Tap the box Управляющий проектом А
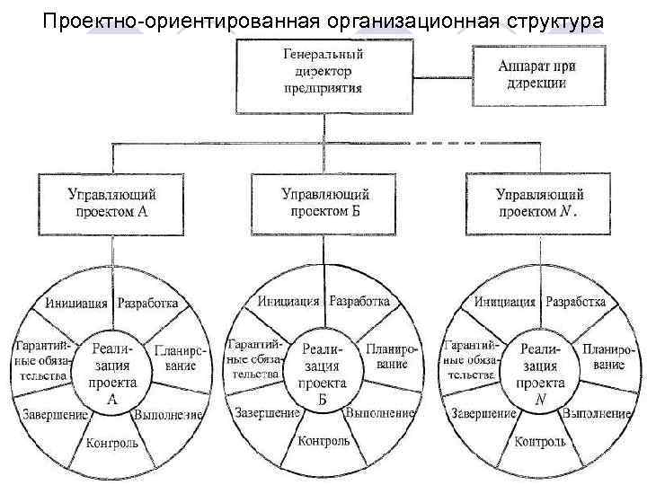112,204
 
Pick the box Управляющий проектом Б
324,203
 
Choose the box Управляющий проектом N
539,204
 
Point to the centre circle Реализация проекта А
113,368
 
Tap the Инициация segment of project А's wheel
76,303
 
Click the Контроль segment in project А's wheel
112,444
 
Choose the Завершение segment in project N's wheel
483,414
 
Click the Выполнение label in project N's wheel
596,414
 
